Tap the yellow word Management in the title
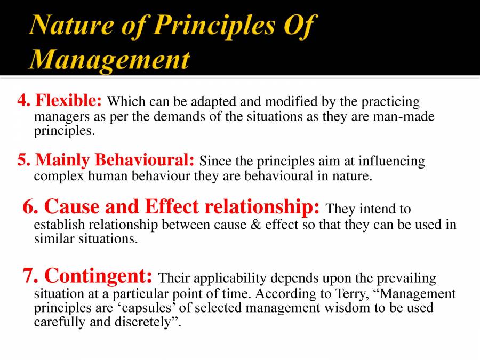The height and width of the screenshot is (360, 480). tap(110, 59)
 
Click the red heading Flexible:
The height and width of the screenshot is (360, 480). tap(68, 100)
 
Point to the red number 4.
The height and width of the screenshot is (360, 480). tap(23, 100)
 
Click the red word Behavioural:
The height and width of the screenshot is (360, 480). tap(144, 159)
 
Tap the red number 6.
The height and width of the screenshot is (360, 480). tap(30, 206)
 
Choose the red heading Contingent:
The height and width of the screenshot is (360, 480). tap(98, 276)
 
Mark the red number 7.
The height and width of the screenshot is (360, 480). tap(30, 276)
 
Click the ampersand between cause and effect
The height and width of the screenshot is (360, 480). tap(255, 225)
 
